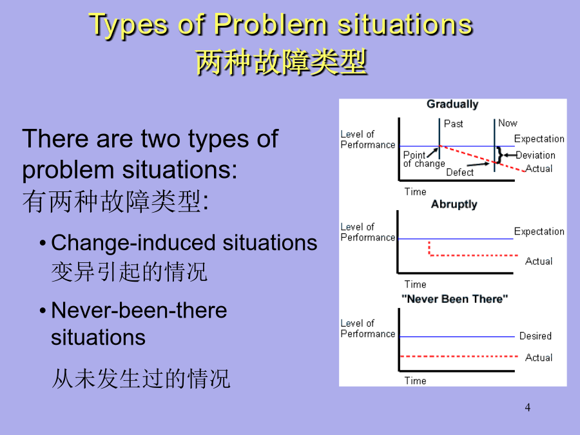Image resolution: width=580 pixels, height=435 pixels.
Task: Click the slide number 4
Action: pyautogui.click(x=527, y=407)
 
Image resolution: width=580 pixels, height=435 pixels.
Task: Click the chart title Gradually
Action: pyautogui.click(x=452, y=104)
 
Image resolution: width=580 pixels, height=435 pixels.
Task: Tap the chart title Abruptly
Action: pyautogui.click(x=454, y=204)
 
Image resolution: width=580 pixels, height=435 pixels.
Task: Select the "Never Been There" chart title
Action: pyautogui.click(x=454, y=298)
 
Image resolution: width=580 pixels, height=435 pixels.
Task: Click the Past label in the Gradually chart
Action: pyautogui.click(x=453, y=124)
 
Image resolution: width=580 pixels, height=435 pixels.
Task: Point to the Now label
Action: pyautogui.click(x=508, y=123)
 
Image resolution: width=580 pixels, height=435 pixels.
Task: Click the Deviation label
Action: pyautogui.click(x=536, y=155)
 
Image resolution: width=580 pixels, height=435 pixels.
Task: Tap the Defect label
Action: pyautogui.click(x=459, y=172)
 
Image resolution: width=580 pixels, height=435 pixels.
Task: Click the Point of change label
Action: pyautogui.click(x=424, y=159)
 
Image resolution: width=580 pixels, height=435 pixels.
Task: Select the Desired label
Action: pyautogui.click(x=536, y=336)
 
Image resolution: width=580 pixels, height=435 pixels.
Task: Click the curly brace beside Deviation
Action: pyautogui.click(x=500, y=155)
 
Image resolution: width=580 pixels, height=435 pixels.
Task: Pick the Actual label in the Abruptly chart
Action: pyautogui.click(x=539, y=261)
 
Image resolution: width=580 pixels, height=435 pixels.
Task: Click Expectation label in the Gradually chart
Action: pyautogui.click(x=539, y=139)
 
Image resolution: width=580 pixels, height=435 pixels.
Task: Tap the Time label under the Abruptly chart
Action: pyautogui.click(x=415, y=284)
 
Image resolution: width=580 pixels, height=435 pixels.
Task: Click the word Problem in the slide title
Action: pyautogui.click(x=271, y=24)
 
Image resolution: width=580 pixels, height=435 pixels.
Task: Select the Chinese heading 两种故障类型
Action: pyautogui.click(x=281, y=62)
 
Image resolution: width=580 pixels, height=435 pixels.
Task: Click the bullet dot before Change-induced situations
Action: pyautogui.click(x=43, y=244)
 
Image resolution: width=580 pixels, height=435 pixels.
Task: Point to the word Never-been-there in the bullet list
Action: pyautogui.click(x=139, y=310)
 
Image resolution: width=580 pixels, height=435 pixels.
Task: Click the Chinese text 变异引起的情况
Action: pyautogui.click(x=129, y=271)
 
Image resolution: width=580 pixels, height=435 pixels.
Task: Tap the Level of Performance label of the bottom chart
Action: pyautogui.click(x=368, y=329)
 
